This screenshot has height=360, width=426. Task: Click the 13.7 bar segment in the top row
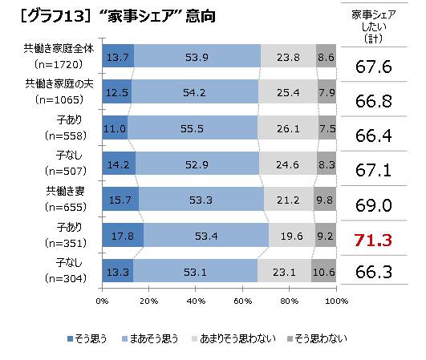tap(118, 55)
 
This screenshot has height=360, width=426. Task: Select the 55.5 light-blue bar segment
tap(193, 127)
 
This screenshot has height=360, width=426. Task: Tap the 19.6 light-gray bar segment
tap(292, 235)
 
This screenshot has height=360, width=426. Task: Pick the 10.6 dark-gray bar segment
tap(323, 271)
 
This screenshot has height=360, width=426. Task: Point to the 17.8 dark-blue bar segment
tap(123, 235)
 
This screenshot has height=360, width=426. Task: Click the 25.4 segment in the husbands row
tap(288, 91)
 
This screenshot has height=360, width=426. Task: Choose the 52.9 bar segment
tap(197, 164)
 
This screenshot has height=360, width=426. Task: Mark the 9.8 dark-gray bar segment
tap(325, 199)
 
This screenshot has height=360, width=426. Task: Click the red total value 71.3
tap(373, 241)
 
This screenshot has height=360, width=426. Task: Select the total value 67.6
tap(374, 67)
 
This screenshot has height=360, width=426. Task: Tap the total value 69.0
tap(374, 205)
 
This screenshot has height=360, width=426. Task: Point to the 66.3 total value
tap(374, 272)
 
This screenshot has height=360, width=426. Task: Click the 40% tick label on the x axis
tap(196, 301)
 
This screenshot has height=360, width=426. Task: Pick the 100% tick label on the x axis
tap(337, 301)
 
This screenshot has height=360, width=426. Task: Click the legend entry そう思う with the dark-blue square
tap(87, 338)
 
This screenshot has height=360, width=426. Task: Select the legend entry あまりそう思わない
tap(233, 338)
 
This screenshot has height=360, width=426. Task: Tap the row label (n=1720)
tap(59, 64)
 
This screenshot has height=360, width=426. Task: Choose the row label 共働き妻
tap(66, 191)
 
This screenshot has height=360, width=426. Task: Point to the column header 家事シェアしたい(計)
tap(374, 26)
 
